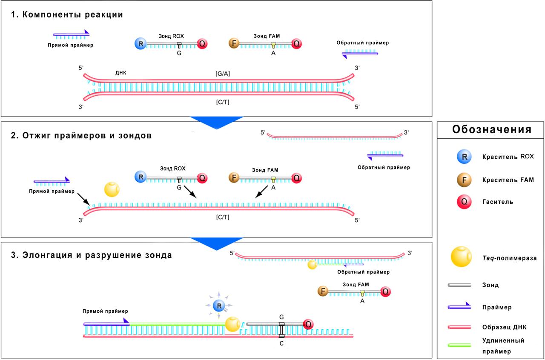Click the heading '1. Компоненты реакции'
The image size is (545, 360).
pyautogui.click(x=67, y=15)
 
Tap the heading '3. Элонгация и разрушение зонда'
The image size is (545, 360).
pyautogui.click(x=92, y=255)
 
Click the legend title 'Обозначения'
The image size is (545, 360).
pyautogui.click(x=491, y=130)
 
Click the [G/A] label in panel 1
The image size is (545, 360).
pyautogui.click(x=223, y=74)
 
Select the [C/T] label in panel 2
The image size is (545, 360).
pyautogui.click(x=223, y=217)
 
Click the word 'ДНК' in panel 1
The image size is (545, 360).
pyautogui.click(x=120, y=73)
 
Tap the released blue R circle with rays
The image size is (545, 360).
pyautogui.click(x=219, y=305)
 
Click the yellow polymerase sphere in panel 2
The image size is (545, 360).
pyautogui.click(x=112, y=189)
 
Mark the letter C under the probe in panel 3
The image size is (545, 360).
pyautogui.click(x=281, y=343)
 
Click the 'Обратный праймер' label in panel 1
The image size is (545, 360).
pyautogui.click(x=362, y=43)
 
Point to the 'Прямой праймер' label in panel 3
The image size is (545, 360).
pyautogui.click(x=106, y=311)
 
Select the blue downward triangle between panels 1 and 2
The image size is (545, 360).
pyautogui.click(x=216, y=122)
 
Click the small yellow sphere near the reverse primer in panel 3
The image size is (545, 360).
pyautogui.click(x=312, y=265)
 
